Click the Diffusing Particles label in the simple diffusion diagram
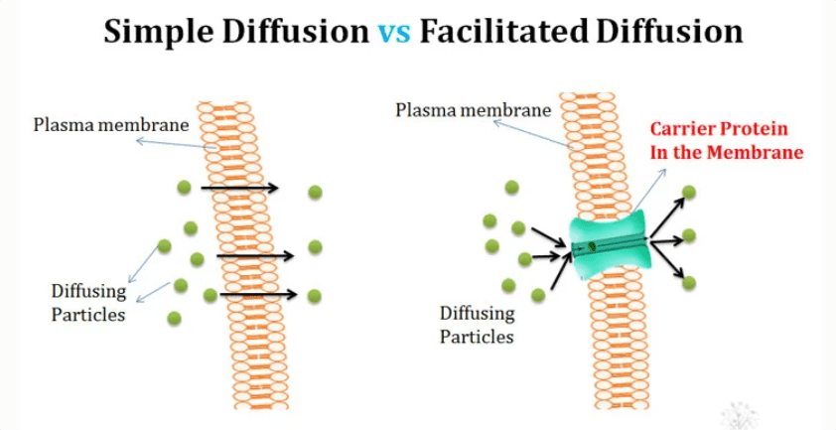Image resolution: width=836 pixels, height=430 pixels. pyautogui.click(x=89, y=302)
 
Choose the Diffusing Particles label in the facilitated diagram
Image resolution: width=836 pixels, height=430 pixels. pyautogui.click(x=478, y=325)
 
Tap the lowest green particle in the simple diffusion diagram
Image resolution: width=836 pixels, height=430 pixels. pyautogui.click(x=175, y=318)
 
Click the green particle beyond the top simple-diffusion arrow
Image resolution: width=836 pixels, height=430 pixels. pyautogui.click(x=315, y=192)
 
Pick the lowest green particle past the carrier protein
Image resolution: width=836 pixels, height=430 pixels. pyautogui.click(x=689, y=283)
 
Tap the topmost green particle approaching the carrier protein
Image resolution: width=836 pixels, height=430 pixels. pyautogui.click(x=511, y=188)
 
